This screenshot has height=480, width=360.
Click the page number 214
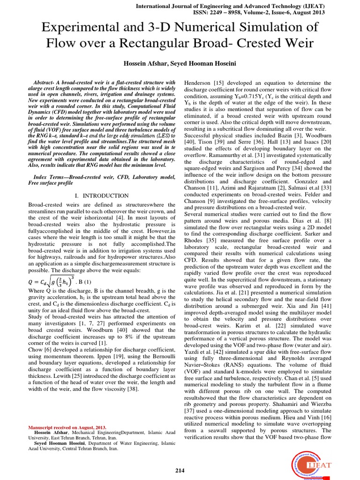pos(180,470)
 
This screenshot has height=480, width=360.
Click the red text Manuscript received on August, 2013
pos(67,427)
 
